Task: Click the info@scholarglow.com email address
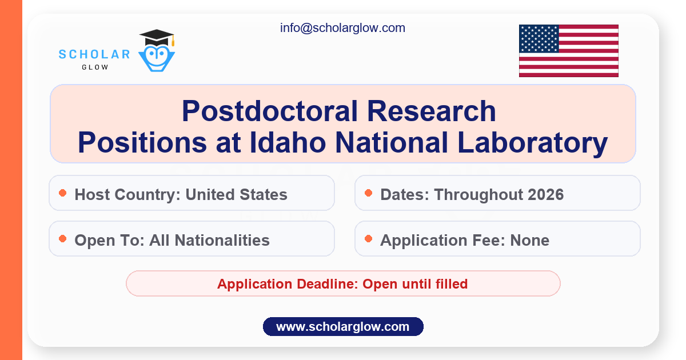pos(342,28)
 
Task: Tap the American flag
pos(569,51)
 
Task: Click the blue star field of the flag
pos(539,39)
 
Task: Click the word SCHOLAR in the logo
pos(94,54)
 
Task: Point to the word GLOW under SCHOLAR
pos(95,67)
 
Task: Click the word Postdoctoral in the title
pos(270,111)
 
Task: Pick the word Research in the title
pos(432,111)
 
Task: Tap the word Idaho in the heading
pos(288,142)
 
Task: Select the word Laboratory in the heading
pos(533,143)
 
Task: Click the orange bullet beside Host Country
pos(63,193)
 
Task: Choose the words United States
pos(237,194)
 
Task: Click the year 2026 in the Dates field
pos(546,194)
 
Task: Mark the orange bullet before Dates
pos(369,193)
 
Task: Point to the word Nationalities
pos(222,240)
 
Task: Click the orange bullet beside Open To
pos(63,239)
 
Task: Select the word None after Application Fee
pos(530,240)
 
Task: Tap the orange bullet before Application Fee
pos(369,239)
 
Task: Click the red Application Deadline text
pos(342,284)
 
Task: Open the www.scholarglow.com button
pos(343,327)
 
